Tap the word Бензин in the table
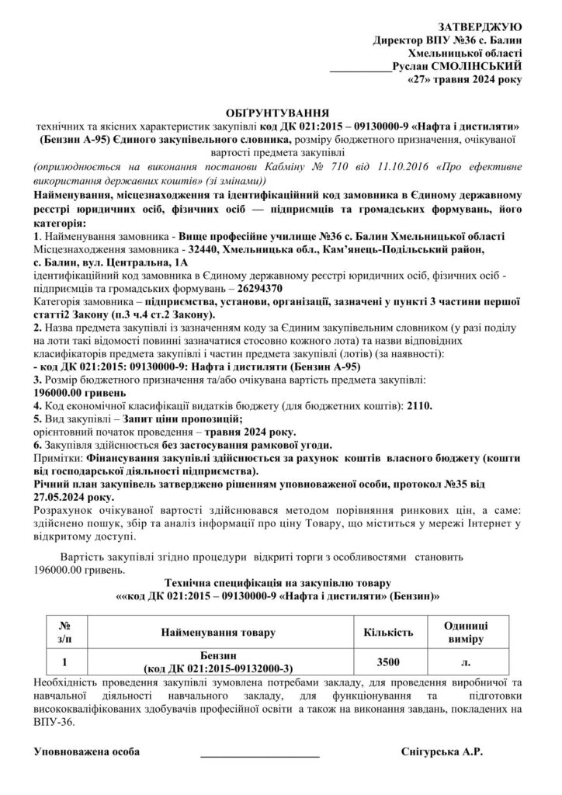tap(215, 656)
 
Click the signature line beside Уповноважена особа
tap(259, 754)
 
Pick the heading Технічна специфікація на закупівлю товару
tap(279, 581)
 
